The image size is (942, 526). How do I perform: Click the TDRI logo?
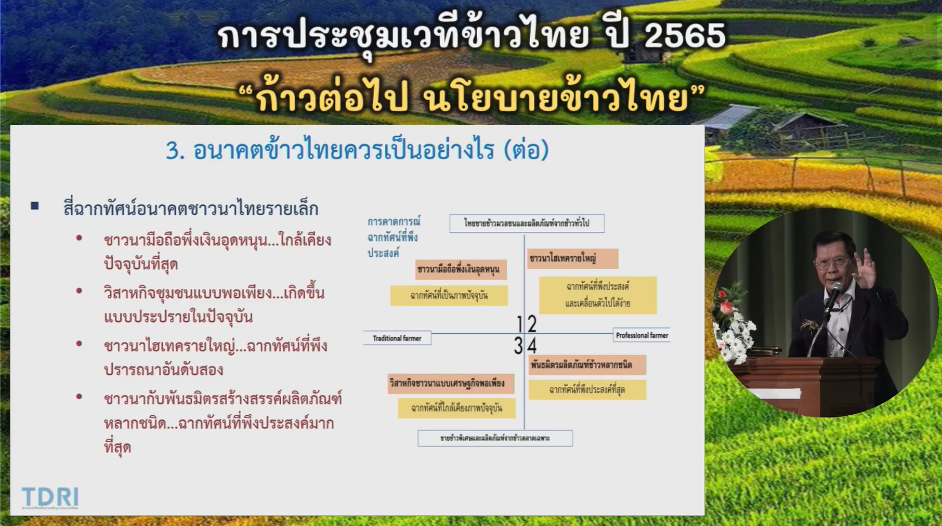coord(50,497)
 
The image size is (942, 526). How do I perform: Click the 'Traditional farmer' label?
coord(397,338)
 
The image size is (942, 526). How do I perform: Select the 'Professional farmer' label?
coord(642,335)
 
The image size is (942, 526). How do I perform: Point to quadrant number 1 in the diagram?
coord(519,324)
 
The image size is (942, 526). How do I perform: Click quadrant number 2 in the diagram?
coord(532,324)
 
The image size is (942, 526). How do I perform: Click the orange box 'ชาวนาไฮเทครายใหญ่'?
coord(572,258)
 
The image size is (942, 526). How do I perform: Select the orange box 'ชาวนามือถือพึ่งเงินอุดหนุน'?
coord(461,269)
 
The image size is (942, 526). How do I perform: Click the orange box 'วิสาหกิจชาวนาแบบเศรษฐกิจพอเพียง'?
coord(450,384)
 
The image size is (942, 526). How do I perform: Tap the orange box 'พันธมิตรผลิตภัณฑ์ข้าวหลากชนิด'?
coord(587,365)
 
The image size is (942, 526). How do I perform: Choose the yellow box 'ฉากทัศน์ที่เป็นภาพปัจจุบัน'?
coord(449,296)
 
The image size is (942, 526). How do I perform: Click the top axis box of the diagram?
coord(527,223)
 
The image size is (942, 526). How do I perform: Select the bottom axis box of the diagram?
coord(495,438)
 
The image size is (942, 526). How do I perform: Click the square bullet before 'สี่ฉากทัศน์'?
coord(35,206)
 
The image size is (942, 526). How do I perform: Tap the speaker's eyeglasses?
coord(832,262)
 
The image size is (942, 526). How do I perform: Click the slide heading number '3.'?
coord(175,151)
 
